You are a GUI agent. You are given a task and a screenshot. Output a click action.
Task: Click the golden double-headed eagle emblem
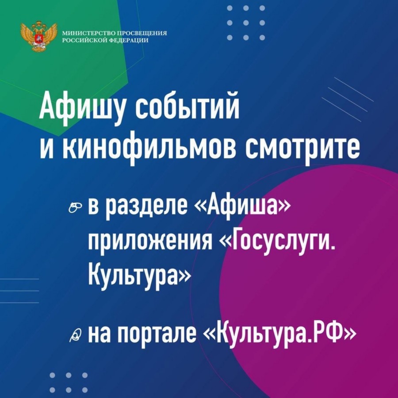coord(38,36)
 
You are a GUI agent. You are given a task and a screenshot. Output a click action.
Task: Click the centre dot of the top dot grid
coord(246,23)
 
